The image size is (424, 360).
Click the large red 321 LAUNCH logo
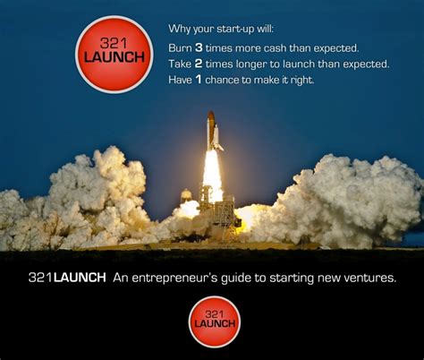(114, 55)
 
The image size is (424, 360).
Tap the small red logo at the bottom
(215, 321)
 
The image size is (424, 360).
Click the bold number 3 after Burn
(199, 47)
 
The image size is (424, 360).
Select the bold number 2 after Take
(199, 64)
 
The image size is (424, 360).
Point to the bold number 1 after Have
(198, 80)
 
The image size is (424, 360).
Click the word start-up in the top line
(235, 30)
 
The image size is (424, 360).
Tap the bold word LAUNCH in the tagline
(81, 278)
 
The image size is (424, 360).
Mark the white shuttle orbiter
(217, 138)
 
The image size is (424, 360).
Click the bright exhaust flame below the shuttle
(212, 176)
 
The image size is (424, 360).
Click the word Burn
(180, 48)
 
